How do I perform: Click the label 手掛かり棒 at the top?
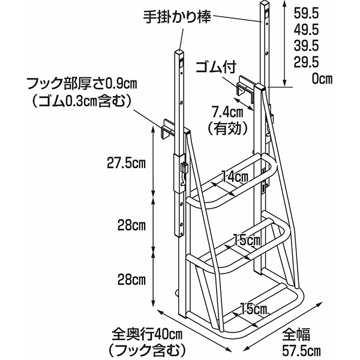pyautogui.click(x=177, y=17)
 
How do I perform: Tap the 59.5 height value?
pyautogui.click(x=306, y=13)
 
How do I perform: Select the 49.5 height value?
pyautogui.click(x=306, y=29)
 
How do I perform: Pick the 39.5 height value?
pyautogui.click(x=306, y=46)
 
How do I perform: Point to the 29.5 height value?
pyautogui.click(x=306, y=62)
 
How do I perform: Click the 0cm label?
pyautogui.click(x=322, y=79)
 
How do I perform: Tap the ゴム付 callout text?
pyautogui.click(x=216, y=67)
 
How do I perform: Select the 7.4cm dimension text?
pyautogui.click(x=227, y=113)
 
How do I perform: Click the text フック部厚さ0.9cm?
pyautogui.click(x=82, y=83)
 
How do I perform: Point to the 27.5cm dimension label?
pyautogui.click(x=127, y=163)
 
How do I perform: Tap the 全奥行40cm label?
pyautogui.click(x=147, y=335)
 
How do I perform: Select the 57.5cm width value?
pyautogui.click(x=301, y=350)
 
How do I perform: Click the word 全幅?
pyautogui.click(x=296, y=334)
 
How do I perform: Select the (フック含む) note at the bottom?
pyautogui.click(x=147, y=350)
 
